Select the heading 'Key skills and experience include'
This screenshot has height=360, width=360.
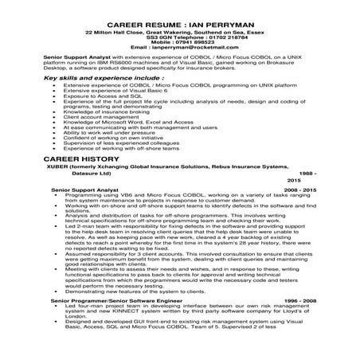point(95,79)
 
